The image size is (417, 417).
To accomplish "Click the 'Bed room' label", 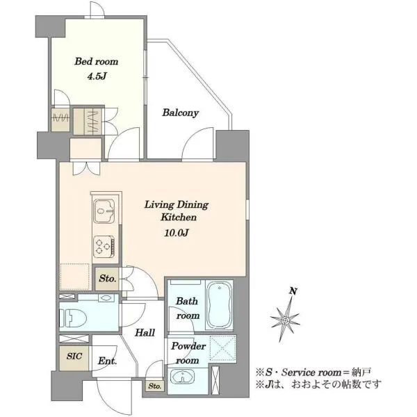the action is point(97,62).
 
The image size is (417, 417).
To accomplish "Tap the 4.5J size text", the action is point(97,76).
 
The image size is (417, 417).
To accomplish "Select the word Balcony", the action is point(180,113).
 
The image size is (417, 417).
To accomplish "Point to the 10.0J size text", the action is point(177,234).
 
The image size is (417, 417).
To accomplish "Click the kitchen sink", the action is point(104,211).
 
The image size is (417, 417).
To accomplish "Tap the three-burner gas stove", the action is point(104,247).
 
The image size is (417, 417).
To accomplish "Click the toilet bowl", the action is point(74,318).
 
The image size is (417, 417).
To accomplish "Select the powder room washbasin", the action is point(182,376).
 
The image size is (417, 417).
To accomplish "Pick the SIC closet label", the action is point(74,357).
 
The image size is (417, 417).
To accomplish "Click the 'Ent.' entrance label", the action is point(107,361).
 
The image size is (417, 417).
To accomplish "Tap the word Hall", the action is point(145,332).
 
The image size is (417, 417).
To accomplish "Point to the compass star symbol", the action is point(285,319).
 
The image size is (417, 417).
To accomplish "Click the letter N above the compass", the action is point(293,291).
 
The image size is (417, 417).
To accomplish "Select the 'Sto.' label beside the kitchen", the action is point(108,279).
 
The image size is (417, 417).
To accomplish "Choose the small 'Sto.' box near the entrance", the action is point(155,386).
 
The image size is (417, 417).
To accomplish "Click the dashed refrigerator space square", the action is point(75,277).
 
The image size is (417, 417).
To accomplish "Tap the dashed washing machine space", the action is point(222,349).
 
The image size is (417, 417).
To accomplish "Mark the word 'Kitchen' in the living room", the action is point(179,218).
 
